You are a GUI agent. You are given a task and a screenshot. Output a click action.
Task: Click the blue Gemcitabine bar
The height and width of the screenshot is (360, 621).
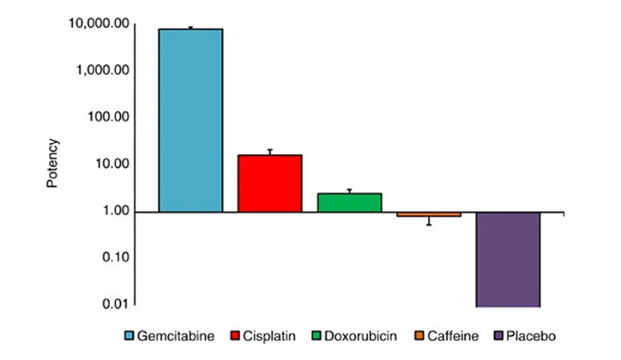click(x=190, y=120)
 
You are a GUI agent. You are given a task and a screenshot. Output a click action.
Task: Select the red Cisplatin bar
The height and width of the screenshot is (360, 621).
click(x=269, y=183)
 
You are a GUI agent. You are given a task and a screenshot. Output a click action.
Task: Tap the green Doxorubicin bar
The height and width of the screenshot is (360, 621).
click(x=349, y=202)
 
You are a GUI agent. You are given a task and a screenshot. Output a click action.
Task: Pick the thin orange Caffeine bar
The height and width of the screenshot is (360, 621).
click(x=428, y=214)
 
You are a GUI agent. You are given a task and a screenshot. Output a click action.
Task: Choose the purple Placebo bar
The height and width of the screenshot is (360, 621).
click(x=508, y=259)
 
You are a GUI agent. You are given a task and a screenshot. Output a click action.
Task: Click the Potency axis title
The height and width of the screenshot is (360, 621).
click(x=53, y=163)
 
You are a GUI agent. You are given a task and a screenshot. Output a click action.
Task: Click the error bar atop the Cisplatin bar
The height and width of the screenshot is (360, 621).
click(x=269, y=152)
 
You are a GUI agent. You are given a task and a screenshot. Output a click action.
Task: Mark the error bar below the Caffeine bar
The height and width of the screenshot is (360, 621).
click(x=428, y=221)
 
